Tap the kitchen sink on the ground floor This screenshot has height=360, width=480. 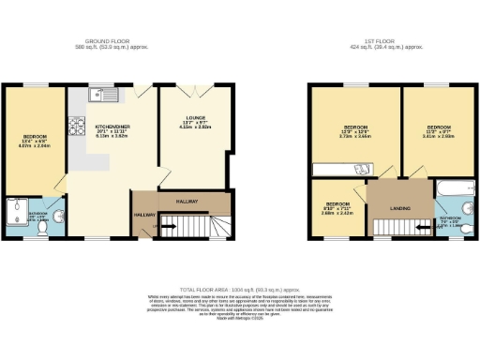coord(99,93)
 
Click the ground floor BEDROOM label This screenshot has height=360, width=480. coord(32,138)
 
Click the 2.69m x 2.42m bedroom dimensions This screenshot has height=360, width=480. coord(337,213)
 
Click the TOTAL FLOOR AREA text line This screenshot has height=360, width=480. coord(239,291)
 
